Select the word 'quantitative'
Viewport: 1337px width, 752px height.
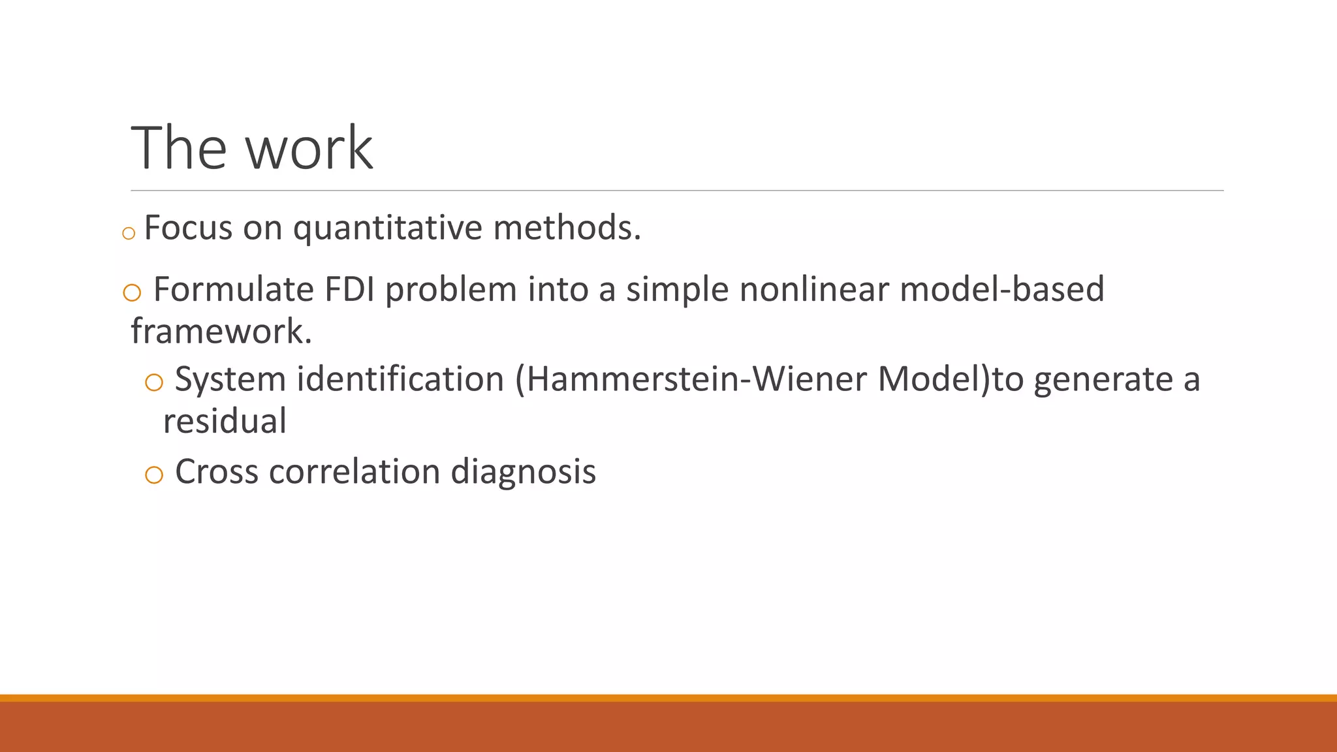coord(388,228)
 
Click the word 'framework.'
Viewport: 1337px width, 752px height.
coord(221,331)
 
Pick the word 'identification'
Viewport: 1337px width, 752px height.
coord(400,379)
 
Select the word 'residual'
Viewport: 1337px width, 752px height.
coord(225,421)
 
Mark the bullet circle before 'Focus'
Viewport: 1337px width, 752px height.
coord(129,233)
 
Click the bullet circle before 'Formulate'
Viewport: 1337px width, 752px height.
coord(132,293)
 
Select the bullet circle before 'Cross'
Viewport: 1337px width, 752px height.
coord(154,475)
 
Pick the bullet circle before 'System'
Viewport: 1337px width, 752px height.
coord(154,383)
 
